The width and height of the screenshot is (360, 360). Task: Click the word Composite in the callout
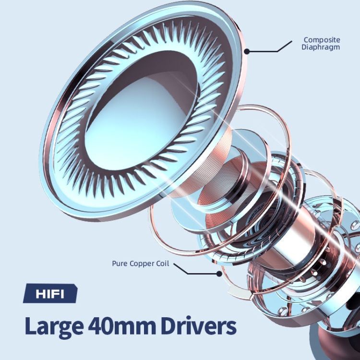pos(322,40)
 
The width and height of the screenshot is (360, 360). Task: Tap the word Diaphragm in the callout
pos(321,47)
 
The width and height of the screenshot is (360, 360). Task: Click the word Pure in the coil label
pos(120,264)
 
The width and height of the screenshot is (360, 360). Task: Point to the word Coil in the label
pos(163,264)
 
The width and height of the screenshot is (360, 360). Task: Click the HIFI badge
pos(50,293)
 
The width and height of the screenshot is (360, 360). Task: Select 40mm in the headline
pos(122,325)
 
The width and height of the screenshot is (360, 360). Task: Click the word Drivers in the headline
pos(198,325)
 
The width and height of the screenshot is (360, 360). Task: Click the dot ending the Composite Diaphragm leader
pos(247,51)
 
